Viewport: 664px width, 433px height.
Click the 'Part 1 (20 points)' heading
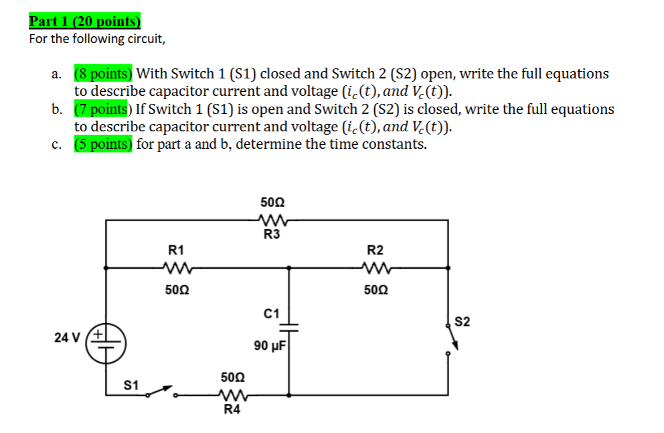[86, 21]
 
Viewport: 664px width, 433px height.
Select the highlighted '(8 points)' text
[103, 74]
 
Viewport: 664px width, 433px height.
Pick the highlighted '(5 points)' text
[103, 145]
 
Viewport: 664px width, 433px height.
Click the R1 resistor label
[176, 250]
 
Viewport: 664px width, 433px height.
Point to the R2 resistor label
[376, 250]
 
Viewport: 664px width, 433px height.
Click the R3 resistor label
[272, 235]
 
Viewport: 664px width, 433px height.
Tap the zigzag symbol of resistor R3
[272, 219]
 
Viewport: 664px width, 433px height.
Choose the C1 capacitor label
[272, 313]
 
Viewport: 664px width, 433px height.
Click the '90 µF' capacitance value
[270, 346]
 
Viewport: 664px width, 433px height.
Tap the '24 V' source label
[67, 337]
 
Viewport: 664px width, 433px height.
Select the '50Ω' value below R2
[376, 291]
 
